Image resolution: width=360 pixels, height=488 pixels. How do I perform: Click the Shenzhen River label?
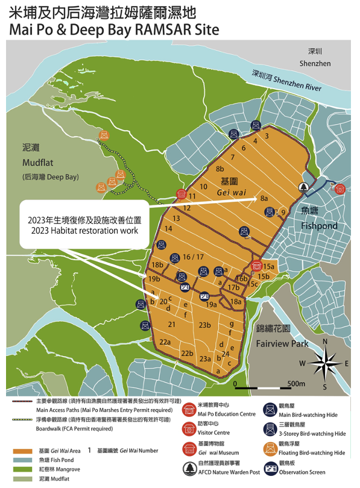tap(286, 81)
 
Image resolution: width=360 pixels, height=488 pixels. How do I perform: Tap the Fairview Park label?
tap(282, 344)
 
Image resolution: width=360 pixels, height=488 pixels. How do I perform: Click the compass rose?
tap(324, 363)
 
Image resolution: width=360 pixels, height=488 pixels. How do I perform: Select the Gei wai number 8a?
tap(264, 198)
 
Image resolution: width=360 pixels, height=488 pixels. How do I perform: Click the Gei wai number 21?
tap(172, 325)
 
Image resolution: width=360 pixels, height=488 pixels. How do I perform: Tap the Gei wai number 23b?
tap(204, 325)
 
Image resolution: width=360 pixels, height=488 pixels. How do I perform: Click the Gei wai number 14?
tap(168, 229)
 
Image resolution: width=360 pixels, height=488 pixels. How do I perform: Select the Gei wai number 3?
tap(266, 136)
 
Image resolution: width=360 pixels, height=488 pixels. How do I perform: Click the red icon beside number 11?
tap(181, 194)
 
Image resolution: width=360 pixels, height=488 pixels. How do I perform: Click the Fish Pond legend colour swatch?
tap(22, 459)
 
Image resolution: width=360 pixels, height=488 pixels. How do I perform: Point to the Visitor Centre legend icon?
tap(186, 428)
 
